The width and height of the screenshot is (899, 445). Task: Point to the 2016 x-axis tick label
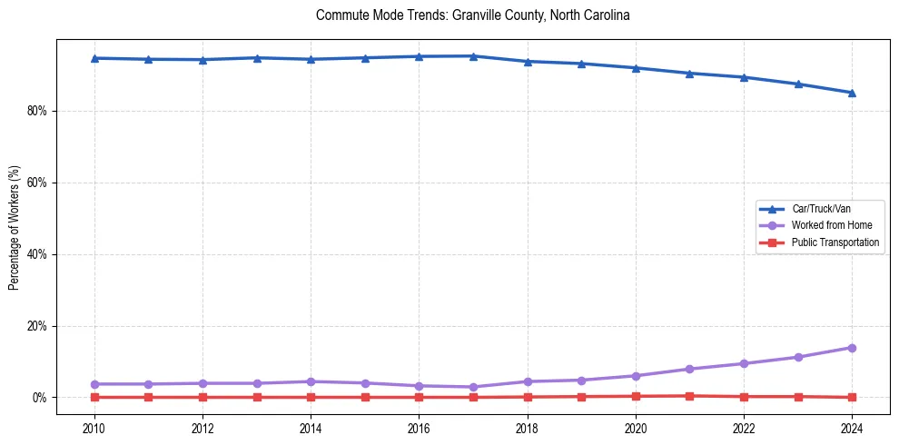point(419,428)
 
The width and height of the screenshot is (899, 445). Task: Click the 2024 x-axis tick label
point(852,428)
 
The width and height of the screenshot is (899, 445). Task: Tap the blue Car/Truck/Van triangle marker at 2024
point(852,93)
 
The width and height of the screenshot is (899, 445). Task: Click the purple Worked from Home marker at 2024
point(852,348)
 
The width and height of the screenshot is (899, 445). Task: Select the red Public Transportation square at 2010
point(94,397)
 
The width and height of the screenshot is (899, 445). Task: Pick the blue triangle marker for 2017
point(473,56)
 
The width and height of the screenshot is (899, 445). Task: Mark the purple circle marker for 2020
point(636,376)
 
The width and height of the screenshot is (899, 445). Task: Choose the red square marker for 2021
point(689,396)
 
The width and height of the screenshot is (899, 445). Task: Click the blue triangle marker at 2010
point(94,58)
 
